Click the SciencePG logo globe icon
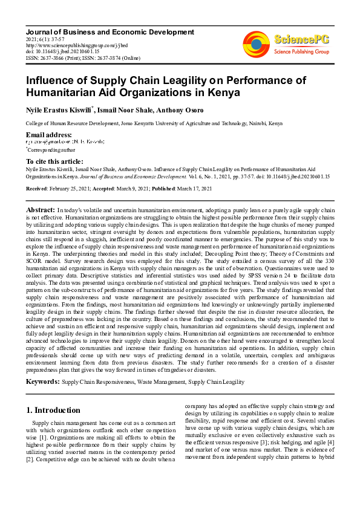click(x=256, y=44)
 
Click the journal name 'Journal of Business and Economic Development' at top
click(x=110, y=32)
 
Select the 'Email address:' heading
click(x=49, y=134)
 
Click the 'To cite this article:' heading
click(x=54, y=161)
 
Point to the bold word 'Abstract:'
click(x=41, y=209)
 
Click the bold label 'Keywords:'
click(x=43, y=382)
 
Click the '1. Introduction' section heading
click(x=53, y=410)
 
